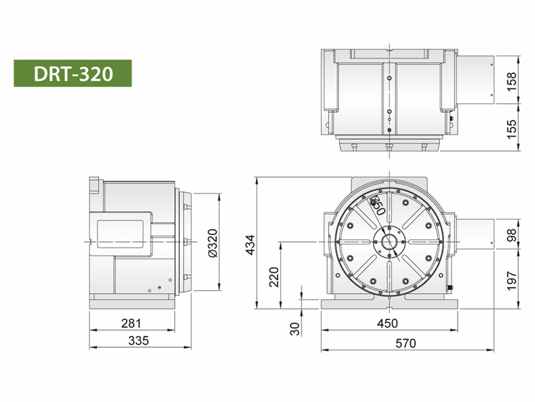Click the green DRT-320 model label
coord(72,73)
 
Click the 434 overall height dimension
coord(250,243)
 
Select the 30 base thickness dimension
coord(295,328)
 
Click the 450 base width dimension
coord(388,324)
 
